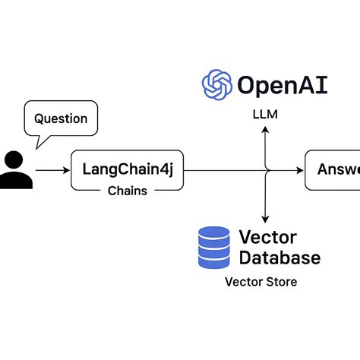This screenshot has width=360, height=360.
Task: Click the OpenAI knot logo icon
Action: tap(217, 84)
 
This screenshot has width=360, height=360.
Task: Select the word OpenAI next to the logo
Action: tap(282, 84)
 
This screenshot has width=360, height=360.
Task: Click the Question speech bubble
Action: tap(61, 120)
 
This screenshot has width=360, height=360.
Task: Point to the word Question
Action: tap(61, 118)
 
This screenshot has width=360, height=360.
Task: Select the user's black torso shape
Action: tap(15, 181)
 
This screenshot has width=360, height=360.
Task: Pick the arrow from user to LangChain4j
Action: tap(52, 171)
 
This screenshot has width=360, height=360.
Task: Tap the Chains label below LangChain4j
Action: tap(127, 191)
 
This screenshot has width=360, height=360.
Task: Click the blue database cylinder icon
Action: tap(213, 248)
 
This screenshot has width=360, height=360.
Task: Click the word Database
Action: tap(279, 258)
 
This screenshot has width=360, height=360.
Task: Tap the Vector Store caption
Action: tap(261, 282)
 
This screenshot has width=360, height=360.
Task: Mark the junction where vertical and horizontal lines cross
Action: tap(265, 171)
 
